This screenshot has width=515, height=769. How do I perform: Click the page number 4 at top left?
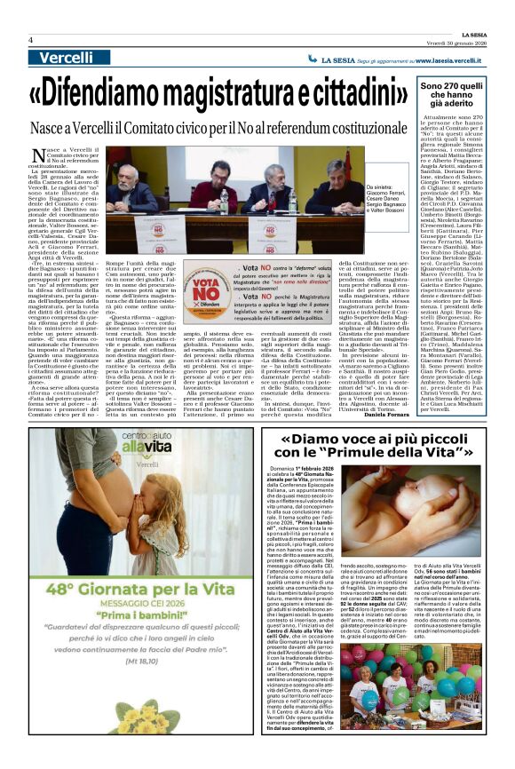(30, 39)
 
